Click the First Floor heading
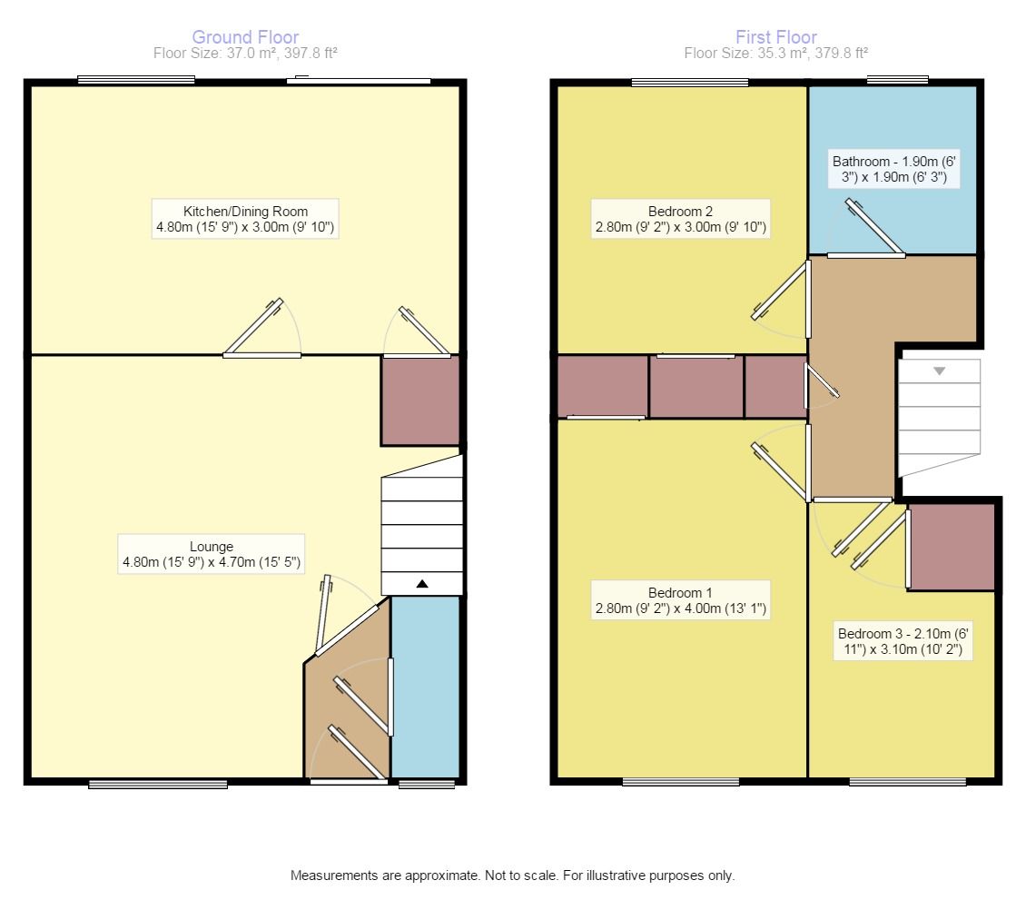pos(776,37)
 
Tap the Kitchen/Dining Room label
pos(246,219)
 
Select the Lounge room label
pos(212,555)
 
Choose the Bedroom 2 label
pos(680,219)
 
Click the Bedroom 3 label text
pos(903,641)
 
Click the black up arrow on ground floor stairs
pos(421,584)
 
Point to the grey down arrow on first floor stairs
pos(939,371)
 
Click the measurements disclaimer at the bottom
pos(512,875)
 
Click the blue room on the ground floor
pos(425,686)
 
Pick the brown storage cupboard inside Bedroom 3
pos(952,548)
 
